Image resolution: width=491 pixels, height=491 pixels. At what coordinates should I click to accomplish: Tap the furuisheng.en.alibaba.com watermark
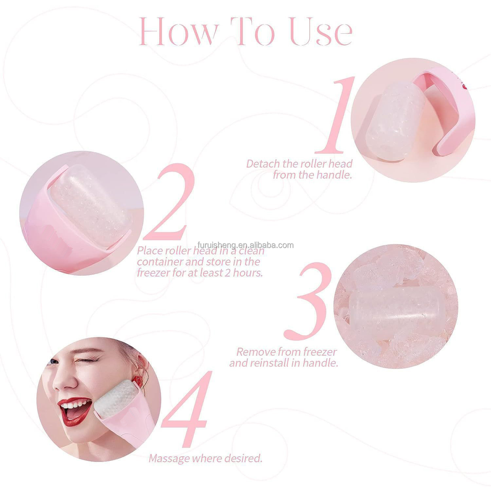coord(245,245)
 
